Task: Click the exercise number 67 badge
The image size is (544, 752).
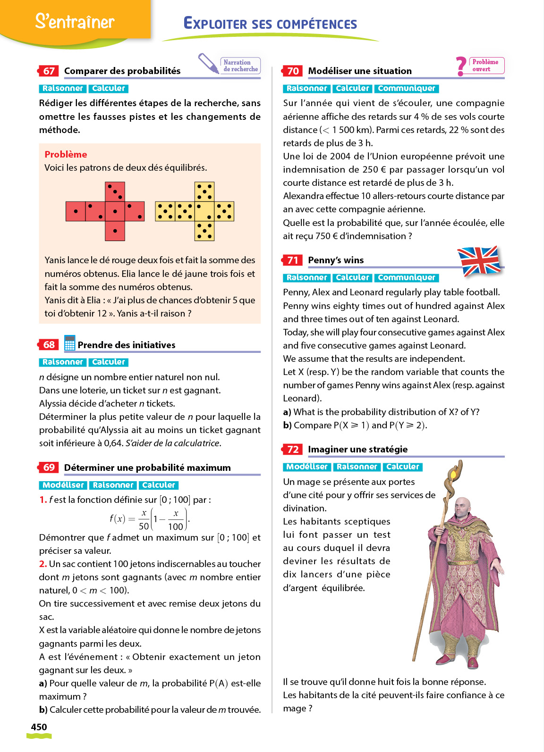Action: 49,71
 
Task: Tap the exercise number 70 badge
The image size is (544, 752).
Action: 293,71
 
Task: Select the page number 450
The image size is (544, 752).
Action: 39,727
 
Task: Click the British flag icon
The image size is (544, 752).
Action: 479,260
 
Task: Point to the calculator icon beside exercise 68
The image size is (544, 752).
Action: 69,343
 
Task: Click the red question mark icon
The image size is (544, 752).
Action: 461,66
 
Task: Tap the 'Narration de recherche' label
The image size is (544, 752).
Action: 240,66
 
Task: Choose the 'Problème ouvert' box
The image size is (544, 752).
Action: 486,66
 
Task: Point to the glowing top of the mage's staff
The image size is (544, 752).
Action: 455,472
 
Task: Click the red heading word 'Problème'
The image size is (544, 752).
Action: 66,154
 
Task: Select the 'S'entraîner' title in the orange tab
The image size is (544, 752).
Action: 75,21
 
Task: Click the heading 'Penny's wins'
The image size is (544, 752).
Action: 336,260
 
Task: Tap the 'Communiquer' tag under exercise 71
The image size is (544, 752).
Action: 406,277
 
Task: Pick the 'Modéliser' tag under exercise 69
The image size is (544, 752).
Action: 63,485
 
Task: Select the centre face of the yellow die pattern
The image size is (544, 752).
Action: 204,211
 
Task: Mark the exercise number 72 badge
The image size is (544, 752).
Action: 293,449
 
